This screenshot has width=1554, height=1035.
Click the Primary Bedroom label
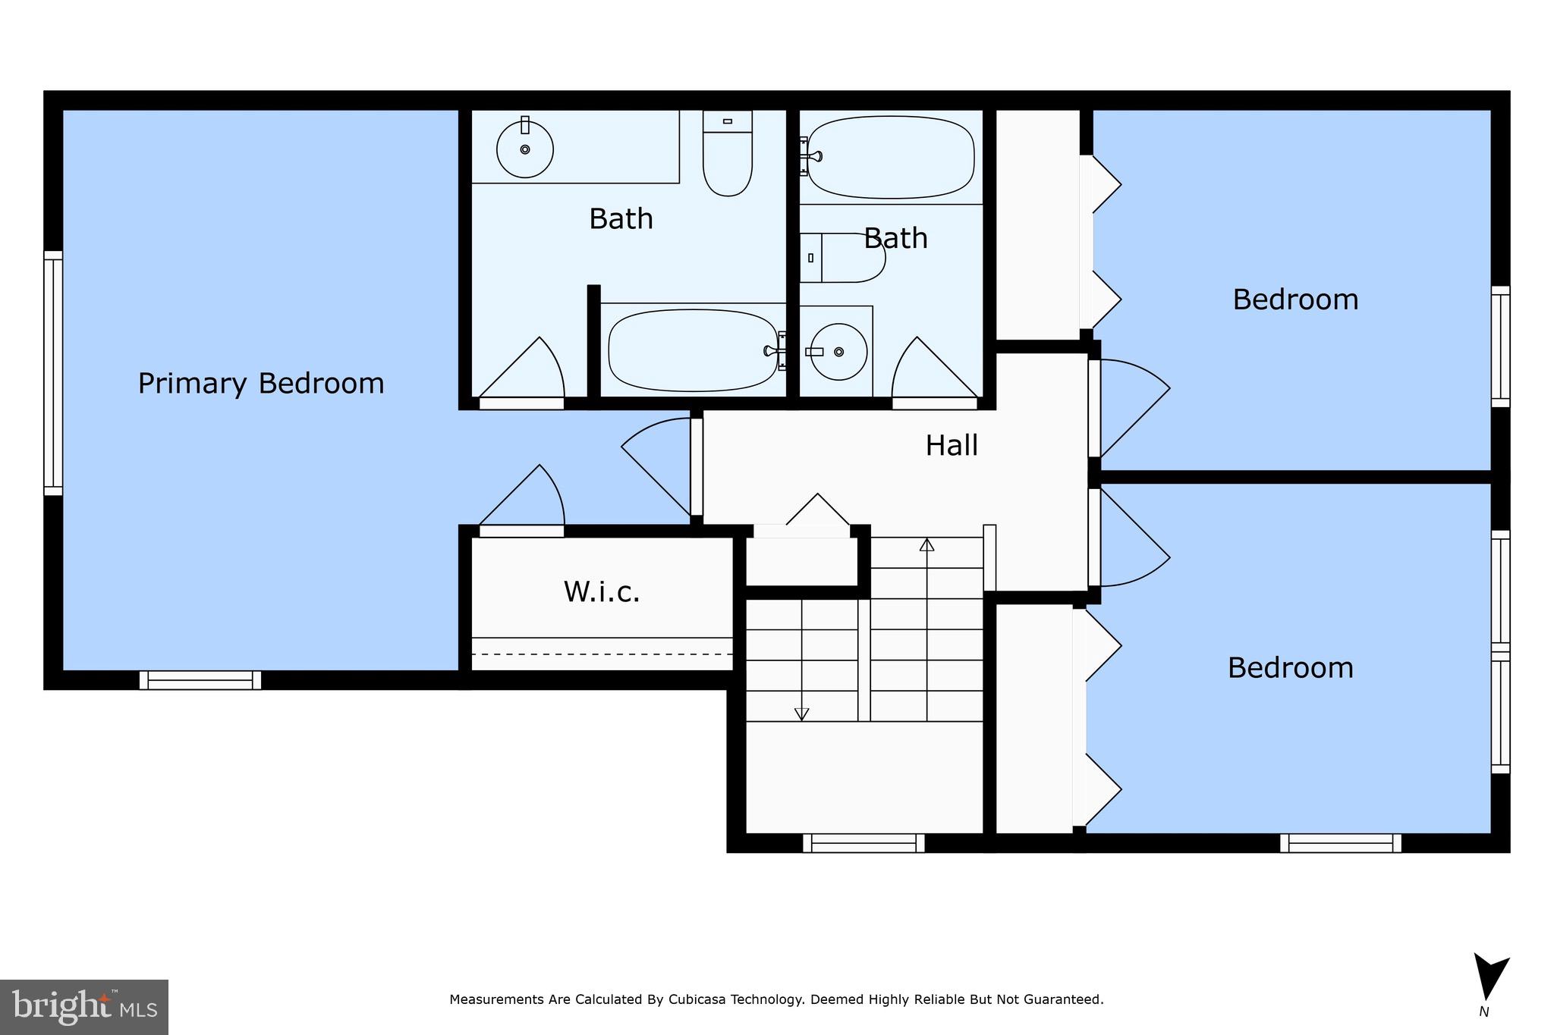tap(261, 384)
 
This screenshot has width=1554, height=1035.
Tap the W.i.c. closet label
tap(602, 592)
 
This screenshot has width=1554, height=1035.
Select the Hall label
tap(952, 445)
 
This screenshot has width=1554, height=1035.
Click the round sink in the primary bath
tap(524, 149)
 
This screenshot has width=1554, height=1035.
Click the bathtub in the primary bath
tap(693, 350)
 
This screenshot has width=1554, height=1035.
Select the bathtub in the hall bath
tap(891, 156)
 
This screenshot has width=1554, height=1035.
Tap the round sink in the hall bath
tap(838, 352)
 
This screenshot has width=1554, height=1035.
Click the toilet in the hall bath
tap(846, 258)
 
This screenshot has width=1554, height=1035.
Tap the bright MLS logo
tap(84, 1007)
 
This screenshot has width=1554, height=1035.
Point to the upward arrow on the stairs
tap(926, 544)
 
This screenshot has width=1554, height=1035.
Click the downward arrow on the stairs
tap(801, 714)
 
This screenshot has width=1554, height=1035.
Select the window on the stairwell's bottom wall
tap(864, 842)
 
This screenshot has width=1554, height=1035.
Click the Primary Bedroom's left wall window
tap(52, 372)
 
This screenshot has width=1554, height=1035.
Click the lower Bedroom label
tap(1290, 668)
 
